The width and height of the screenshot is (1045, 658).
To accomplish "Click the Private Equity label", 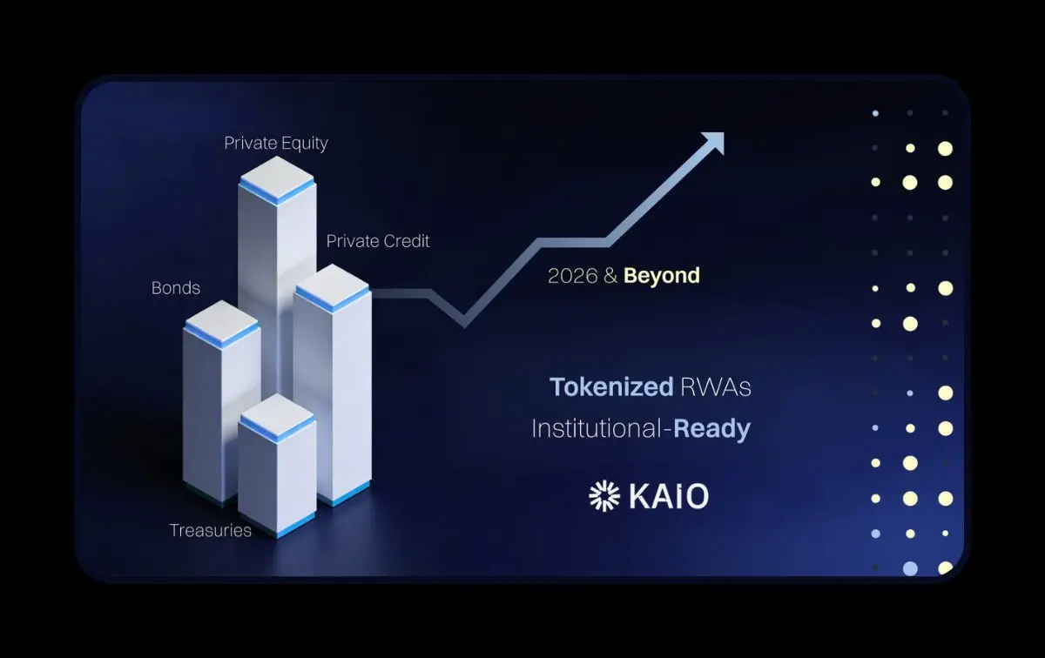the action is point(276,143).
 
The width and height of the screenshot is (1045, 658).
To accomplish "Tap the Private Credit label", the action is point(377,241).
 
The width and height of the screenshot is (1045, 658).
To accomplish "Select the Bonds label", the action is point(176,288).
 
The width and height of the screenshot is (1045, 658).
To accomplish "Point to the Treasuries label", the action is point(211,530).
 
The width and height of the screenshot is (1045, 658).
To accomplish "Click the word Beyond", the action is point(662,276).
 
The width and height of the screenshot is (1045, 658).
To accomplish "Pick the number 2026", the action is point(572,276).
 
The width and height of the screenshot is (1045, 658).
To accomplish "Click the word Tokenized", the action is point(611,386).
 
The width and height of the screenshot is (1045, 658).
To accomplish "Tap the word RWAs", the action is point(716,387).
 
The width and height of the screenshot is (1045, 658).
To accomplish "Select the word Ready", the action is point(712,428).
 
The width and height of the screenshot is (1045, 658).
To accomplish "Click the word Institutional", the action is point(597,428).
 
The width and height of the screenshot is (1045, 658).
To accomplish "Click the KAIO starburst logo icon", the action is point(604,496).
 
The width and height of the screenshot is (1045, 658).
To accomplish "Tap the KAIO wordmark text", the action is point(669,496).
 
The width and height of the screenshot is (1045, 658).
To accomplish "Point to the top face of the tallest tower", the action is point(277,178).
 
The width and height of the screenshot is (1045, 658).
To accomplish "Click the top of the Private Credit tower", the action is point(332,285).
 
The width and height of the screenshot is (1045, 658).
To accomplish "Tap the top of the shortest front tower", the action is point(277,414).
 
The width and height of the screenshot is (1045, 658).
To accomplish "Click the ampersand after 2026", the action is point(610,276).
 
